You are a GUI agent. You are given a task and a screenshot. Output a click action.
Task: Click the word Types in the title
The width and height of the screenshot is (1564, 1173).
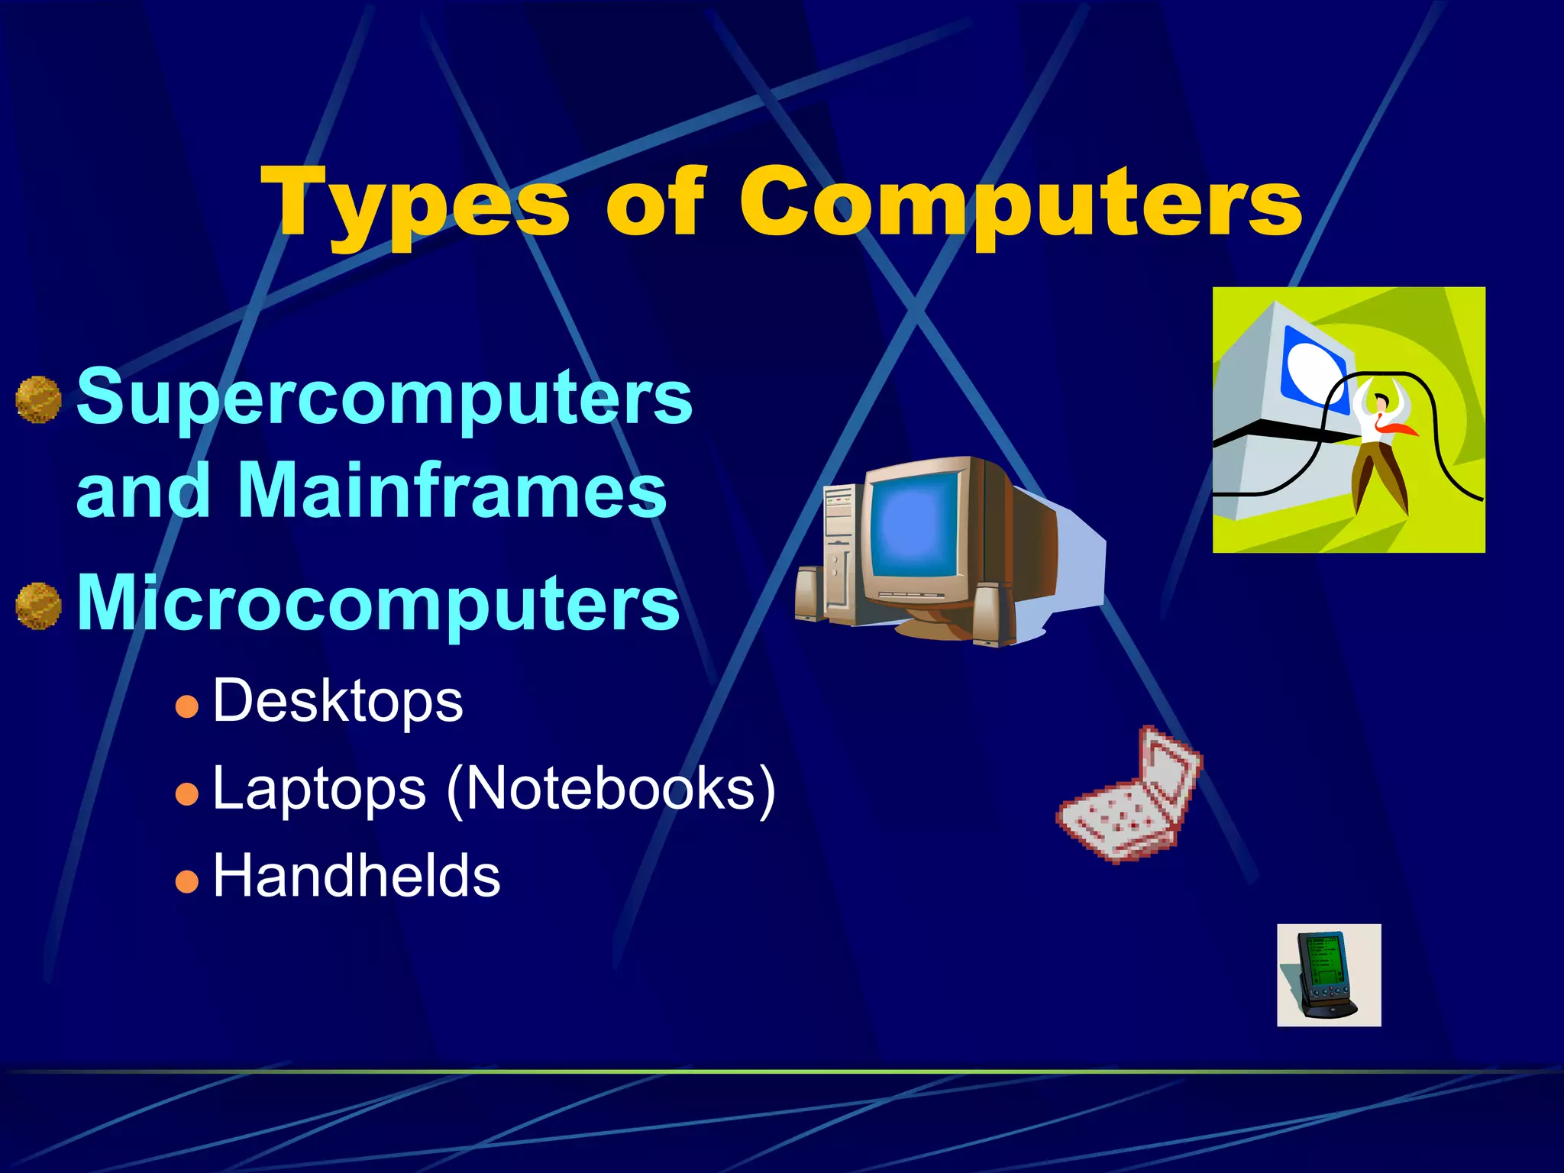point(416,202)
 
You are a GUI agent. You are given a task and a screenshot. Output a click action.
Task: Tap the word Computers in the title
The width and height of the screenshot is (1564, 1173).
point(1020,202)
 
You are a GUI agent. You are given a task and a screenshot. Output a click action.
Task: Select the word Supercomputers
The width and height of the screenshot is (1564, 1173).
point(384,397)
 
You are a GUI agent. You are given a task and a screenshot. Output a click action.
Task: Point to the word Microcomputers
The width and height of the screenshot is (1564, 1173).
point(378,603)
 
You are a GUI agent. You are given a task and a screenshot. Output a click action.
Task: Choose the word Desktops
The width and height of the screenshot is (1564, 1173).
point(338,701)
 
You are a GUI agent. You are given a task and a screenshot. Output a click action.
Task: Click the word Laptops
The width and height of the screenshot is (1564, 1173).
point(319,790)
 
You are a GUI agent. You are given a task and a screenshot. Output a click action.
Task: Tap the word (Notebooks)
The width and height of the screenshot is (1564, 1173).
point(611,790)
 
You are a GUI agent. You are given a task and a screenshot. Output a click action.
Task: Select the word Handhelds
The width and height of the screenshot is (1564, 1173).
point(356,876)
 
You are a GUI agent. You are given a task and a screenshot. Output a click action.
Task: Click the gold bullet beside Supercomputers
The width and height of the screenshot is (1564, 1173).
point(38,399)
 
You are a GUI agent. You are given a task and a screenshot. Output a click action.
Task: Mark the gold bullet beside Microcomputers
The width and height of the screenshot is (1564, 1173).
point(38,606)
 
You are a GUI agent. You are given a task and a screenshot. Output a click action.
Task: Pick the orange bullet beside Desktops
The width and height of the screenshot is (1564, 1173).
point(186,706)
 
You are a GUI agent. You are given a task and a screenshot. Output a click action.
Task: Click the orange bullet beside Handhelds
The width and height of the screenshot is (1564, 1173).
point(186,882)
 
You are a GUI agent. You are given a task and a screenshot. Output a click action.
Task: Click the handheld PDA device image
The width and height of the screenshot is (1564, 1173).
point(1327,975)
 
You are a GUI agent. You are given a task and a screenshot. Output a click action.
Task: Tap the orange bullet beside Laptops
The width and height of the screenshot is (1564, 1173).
point(186,794)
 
